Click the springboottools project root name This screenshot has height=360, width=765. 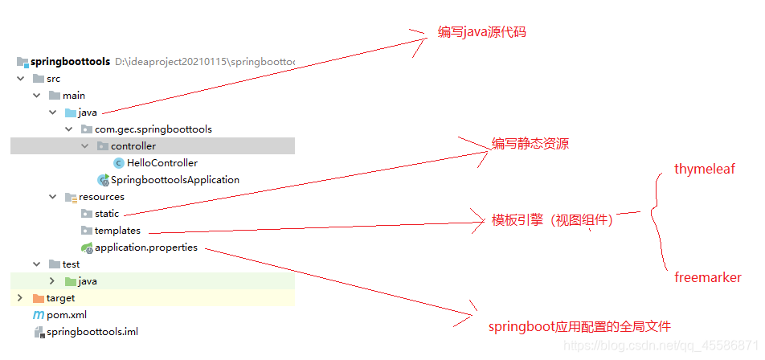pos(70,62)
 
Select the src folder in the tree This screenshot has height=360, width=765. pos(53,79)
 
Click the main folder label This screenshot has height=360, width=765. pos(74,96)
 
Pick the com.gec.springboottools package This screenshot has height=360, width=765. pos(153,129)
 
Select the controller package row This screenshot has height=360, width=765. pos(133,146)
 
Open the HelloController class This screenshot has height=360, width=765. pos(162,163)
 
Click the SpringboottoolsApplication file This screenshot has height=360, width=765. pos(174,180)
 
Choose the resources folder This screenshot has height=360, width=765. pos(101,197)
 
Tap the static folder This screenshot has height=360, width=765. pos(106,214)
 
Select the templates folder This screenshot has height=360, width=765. pos(117,231)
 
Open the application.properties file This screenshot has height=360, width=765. pos(145,247)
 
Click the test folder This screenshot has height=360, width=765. pos(71,264)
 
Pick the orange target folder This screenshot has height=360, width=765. pos(60,298)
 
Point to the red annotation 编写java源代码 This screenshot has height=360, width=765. pos(482,33)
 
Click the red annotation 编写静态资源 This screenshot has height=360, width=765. pos(531,145)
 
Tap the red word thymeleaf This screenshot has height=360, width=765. pos(705,170)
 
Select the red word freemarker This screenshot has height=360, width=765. pos(707,278)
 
